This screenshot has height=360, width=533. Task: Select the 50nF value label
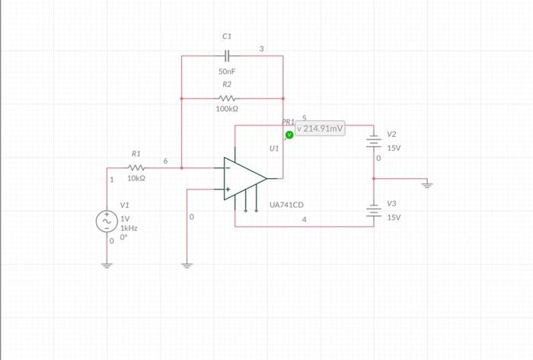click(x=227, y=71)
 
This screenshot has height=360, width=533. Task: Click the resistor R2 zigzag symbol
click(x=227, y=98)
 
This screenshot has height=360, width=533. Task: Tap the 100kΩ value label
click(x=227, y=110)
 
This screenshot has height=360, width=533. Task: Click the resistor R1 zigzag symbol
click(x=136, y=167)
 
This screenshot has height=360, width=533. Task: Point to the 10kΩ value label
click(x=136, y=178)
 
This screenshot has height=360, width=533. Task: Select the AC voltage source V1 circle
click(x=107, y=221)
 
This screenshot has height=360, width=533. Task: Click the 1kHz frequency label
click(x=129, y=228)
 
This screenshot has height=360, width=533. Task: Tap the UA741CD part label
click(x=287, y=205)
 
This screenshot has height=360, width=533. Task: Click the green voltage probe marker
click(x=289, y=135)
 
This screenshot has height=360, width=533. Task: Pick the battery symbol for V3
click(x=373, y=211)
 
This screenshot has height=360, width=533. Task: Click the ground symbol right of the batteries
click(x=427, y=183)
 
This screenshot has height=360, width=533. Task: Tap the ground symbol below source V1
click(x=107, y=265)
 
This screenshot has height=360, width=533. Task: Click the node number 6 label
click(x=165, y=161)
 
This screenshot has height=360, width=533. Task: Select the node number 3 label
click(x=261, y=49)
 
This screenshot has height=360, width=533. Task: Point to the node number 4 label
click(x=305, y=220)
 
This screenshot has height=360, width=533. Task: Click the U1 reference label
click(x=274, y=149)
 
